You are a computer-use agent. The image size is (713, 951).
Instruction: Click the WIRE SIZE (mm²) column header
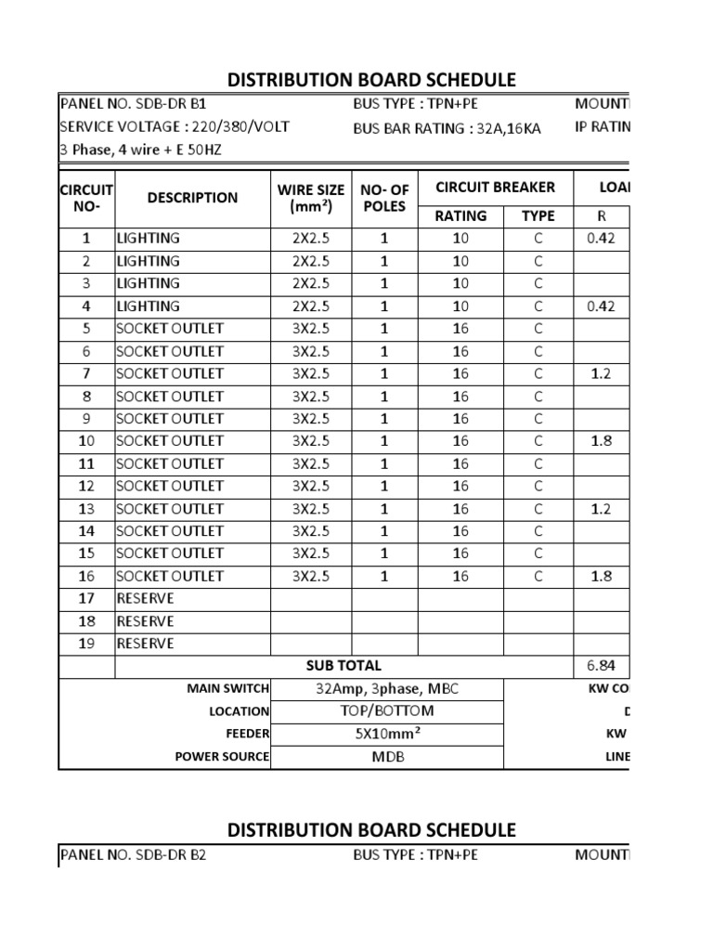[310, 198]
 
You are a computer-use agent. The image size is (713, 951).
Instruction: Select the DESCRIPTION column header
[192, 197]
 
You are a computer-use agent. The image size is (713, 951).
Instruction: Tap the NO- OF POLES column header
[384, 198]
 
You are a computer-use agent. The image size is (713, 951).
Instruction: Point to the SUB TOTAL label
[344, 666]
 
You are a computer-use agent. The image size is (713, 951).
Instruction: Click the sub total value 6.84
[601, 666]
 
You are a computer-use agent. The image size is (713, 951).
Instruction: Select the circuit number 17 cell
[86, 598]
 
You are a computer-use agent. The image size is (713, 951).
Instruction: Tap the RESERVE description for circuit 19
[145, 644]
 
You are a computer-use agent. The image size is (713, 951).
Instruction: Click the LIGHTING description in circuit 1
[148, 238]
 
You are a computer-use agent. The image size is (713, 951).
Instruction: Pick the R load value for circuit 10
[601, 441]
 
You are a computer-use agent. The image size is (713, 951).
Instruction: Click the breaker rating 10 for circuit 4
[460, 306]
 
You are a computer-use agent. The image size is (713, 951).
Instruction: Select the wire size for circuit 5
[310, 329]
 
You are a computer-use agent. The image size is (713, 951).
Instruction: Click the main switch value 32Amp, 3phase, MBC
[386, 688]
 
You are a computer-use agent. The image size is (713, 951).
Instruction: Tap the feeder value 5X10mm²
[386, 734]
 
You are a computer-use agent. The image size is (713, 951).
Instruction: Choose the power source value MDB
[386, 756]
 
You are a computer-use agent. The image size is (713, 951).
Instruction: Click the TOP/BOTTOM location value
[386, 710]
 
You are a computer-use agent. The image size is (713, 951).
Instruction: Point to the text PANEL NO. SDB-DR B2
[133, 854]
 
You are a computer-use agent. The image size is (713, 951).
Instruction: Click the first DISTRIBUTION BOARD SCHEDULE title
[371, 80]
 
